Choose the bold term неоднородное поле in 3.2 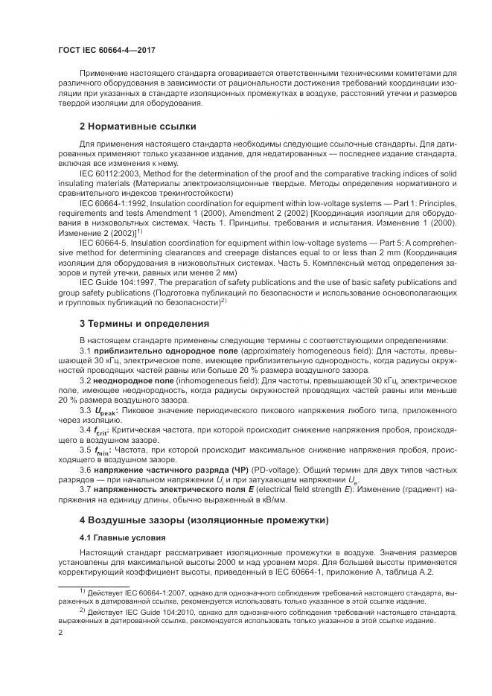pos(132,380)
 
